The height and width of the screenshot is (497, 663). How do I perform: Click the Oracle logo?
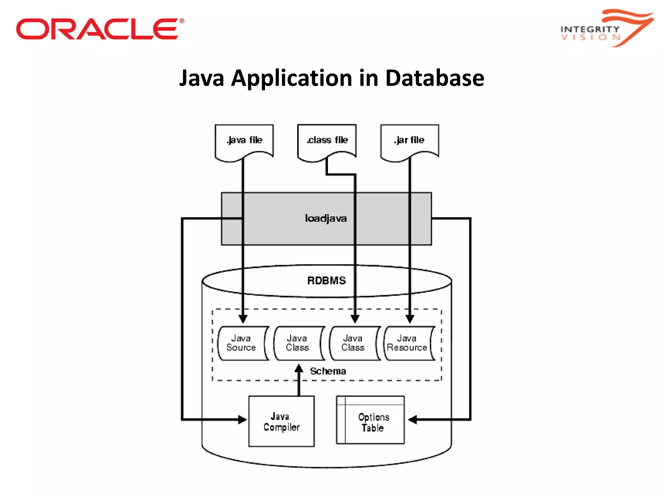tap(100, 29)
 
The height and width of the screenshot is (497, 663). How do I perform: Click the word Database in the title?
tap(434, 78)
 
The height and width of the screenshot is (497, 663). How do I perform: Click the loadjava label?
tap(326, 218)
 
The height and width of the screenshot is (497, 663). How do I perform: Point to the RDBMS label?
tap(326, 281)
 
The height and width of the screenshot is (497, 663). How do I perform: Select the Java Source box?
tap(242, 343)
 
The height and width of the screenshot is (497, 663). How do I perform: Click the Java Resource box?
tap(408, 343)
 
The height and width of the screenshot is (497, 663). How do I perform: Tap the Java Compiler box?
tap(281, 421)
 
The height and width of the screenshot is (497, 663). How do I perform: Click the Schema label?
tap(328, 371)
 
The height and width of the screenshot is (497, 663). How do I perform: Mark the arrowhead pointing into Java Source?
tap(243, 319)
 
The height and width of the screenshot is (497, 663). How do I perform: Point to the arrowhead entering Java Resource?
tap(410, 319)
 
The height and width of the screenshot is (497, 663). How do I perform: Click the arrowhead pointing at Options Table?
tap(412, 420)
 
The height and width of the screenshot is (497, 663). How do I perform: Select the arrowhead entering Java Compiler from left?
tap(242, 420)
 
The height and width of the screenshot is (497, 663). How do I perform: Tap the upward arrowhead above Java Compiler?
tap(299, 369)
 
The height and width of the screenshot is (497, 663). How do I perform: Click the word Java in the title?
tap(202, 78)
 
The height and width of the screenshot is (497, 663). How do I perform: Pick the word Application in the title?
tap(291, 78)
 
